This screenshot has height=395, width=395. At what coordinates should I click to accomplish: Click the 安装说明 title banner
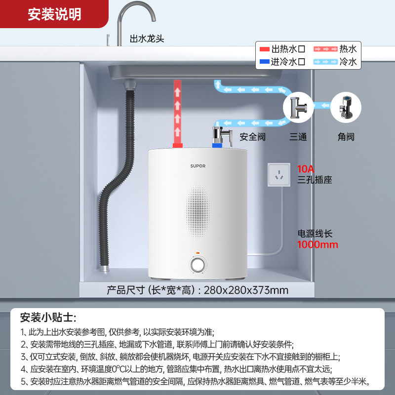click(54, 14)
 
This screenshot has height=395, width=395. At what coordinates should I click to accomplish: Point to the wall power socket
click(279, 175)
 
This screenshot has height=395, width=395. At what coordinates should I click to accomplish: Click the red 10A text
click(306, 168)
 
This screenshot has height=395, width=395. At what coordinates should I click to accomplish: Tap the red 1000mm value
click(317, 244)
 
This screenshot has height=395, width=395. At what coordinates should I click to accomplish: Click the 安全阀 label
click(252, 137)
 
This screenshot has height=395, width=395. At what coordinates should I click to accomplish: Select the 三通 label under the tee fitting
click(298, 137)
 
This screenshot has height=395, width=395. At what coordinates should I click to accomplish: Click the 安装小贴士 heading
click(48, 317)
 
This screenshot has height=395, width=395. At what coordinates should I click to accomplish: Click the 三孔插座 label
click(315, 180)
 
